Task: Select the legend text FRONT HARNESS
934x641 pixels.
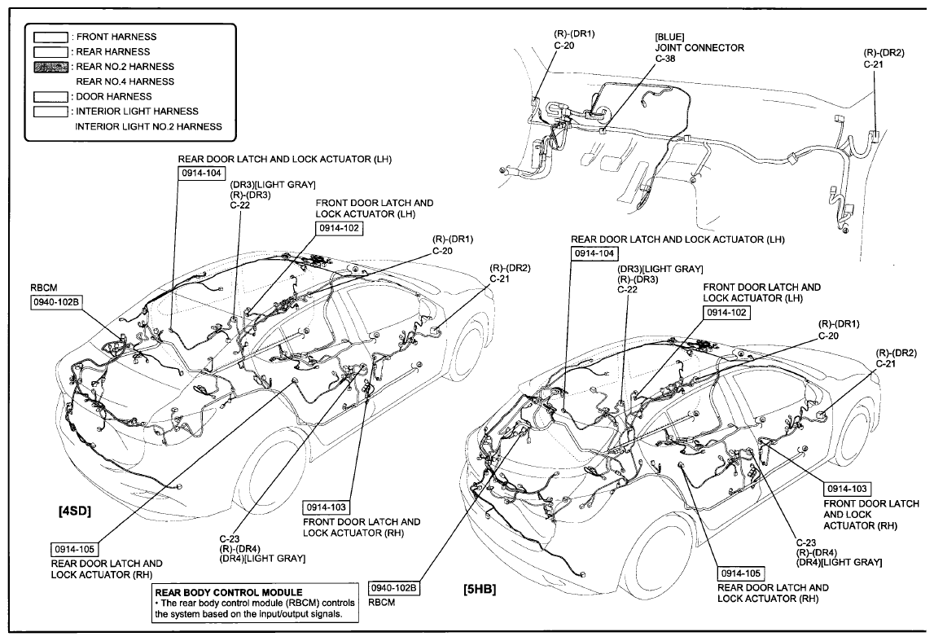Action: tap(116, 37)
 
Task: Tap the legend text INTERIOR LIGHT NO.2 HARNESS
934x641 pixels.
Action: tap(148, 126)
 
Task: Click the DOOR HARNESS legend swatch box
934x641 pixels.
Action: tap(49, 96)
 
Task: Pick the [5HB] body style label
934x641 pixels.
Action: tap(479, 588)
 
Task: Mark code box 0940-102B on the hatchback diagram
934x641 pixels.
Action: tap(393, 587)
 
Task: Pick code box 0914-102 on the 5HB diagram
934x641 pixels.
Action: tap(726, 312)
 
